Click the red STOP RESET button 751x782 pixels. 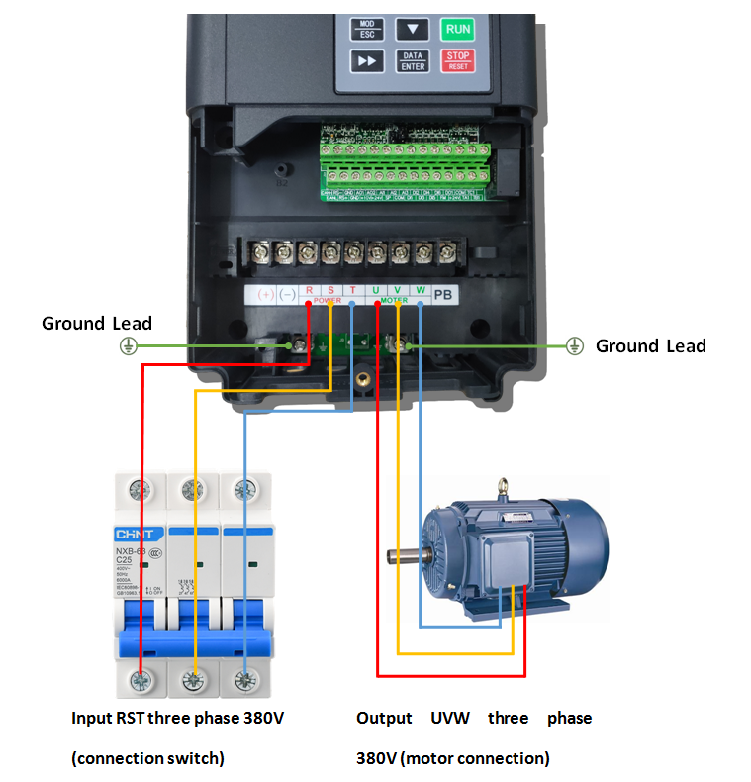point(457,60)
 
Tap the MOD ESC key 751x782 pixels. point(366,28)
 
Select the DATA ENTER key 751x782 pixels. point(413,60)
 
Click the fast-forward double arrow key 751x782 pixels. point(367,60)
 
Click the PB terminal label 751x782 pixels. point(444,293)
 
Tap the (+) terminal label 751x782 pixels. point(265,294)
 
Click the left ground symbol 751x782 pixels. point(127,345)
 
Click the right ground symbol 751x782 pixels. point(574,345)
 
